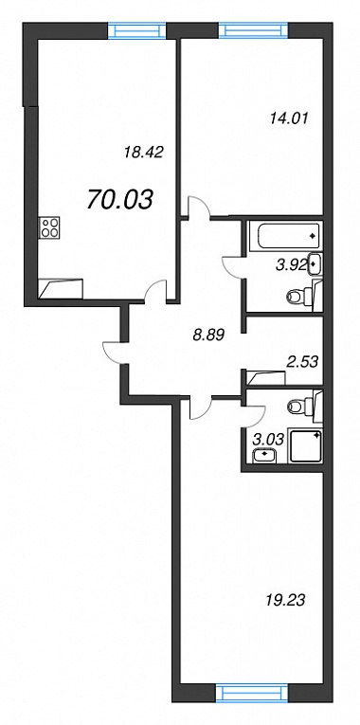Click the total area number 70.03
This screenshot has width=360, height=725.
[x=119, y=200]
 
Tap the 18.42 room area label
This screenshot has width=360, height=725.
[x=144, y=152]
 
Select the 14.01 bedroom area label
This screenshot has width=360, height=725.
[x=288, y=118]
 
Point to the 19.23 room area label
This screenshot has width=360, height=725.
[x=286, y=601]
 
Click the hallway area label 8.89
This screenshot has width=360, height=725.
[x=208, y=335]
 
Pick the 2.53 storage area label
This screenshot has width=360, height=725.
[x=302, y=362]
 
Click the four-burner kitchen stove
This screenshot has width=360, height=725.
[x=50, y=228]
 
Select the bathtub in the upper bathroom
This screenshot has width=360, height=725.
[x=285, y=236]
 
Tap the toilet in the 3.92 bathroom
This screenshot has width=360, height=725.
[x=303, y=295]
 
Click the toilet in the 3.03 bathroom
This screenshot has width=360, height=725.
[x=304, y=407]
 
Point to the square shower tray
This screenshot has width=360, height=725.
[x=305, y=446]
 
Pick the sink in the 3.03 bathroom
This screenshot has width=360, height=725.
[x=264, y=456]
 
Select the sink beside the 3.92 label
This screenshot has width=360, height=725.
[x=315, y=264]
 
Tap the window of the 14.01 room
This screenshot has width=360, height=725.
[x=253, y=30]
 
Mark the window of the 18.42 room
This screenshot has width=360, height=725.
[x=136, y=30]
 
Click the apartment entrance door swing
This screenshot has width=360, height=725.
[x=113, y=353]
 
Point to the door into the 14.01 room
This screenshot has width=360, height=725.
[x=200, y=207]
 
